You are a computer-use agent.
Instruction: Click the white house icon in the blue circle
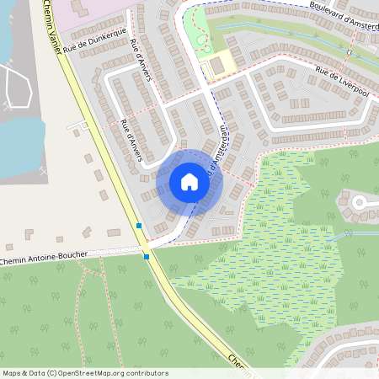tap(189, 181)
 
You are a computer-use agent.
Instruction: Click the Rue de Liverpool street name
tap(343, 80)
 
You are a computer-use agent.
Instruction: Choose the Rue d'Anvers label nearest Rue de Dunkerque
tap(140, 56)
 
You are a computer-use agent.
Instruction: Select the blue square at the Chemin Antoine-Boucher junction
tap(147, 256)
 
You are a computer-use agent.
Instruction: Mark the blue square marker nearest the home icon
tap(139, 226)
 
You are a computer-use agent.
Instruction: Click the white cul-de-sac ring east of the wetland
tap(360, 202)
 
